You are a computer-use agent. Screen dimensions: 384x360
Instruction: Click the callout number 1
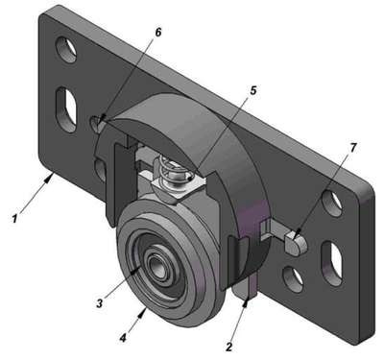14,219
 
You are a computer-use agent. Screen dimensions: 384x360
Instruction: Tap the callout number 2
228,347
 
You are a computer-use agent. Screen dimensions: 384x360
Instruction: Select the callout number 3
100,303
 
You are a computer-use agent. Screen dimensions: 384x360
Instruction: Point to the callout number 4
123,338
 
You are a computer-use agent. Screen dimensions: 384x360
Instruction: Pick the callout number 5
253,90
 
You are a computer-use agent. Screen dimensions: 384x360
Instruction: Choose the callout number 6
158,33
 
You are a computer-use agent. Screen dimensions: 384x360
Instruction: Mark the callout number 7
353,148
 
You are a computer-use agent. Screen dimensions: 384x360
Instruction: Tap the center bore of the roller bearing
157,263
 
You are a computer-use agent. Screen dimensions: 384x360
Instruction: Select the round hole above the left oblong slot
66,50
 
